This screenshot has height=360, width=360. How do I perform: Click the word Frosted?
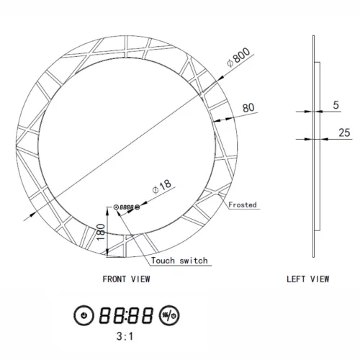point(243,204)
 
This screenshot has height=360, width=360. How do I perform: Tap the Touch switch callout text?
point(179,260)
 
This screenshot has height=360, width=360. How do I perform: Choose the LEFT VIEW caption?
point(308,278)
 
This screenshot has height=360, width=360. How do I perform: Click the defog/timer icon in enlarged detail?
point(169,315)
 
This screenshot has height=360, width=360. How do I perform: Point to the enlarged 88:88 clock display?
point(127,315)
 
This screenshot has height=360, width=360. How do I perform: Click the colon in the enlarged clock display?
point(127,315)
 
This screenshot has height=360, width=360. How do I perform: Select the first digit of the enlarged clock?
point(106,315)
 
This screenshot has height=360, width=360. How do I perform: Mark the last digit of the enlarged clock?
point(148,315)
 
